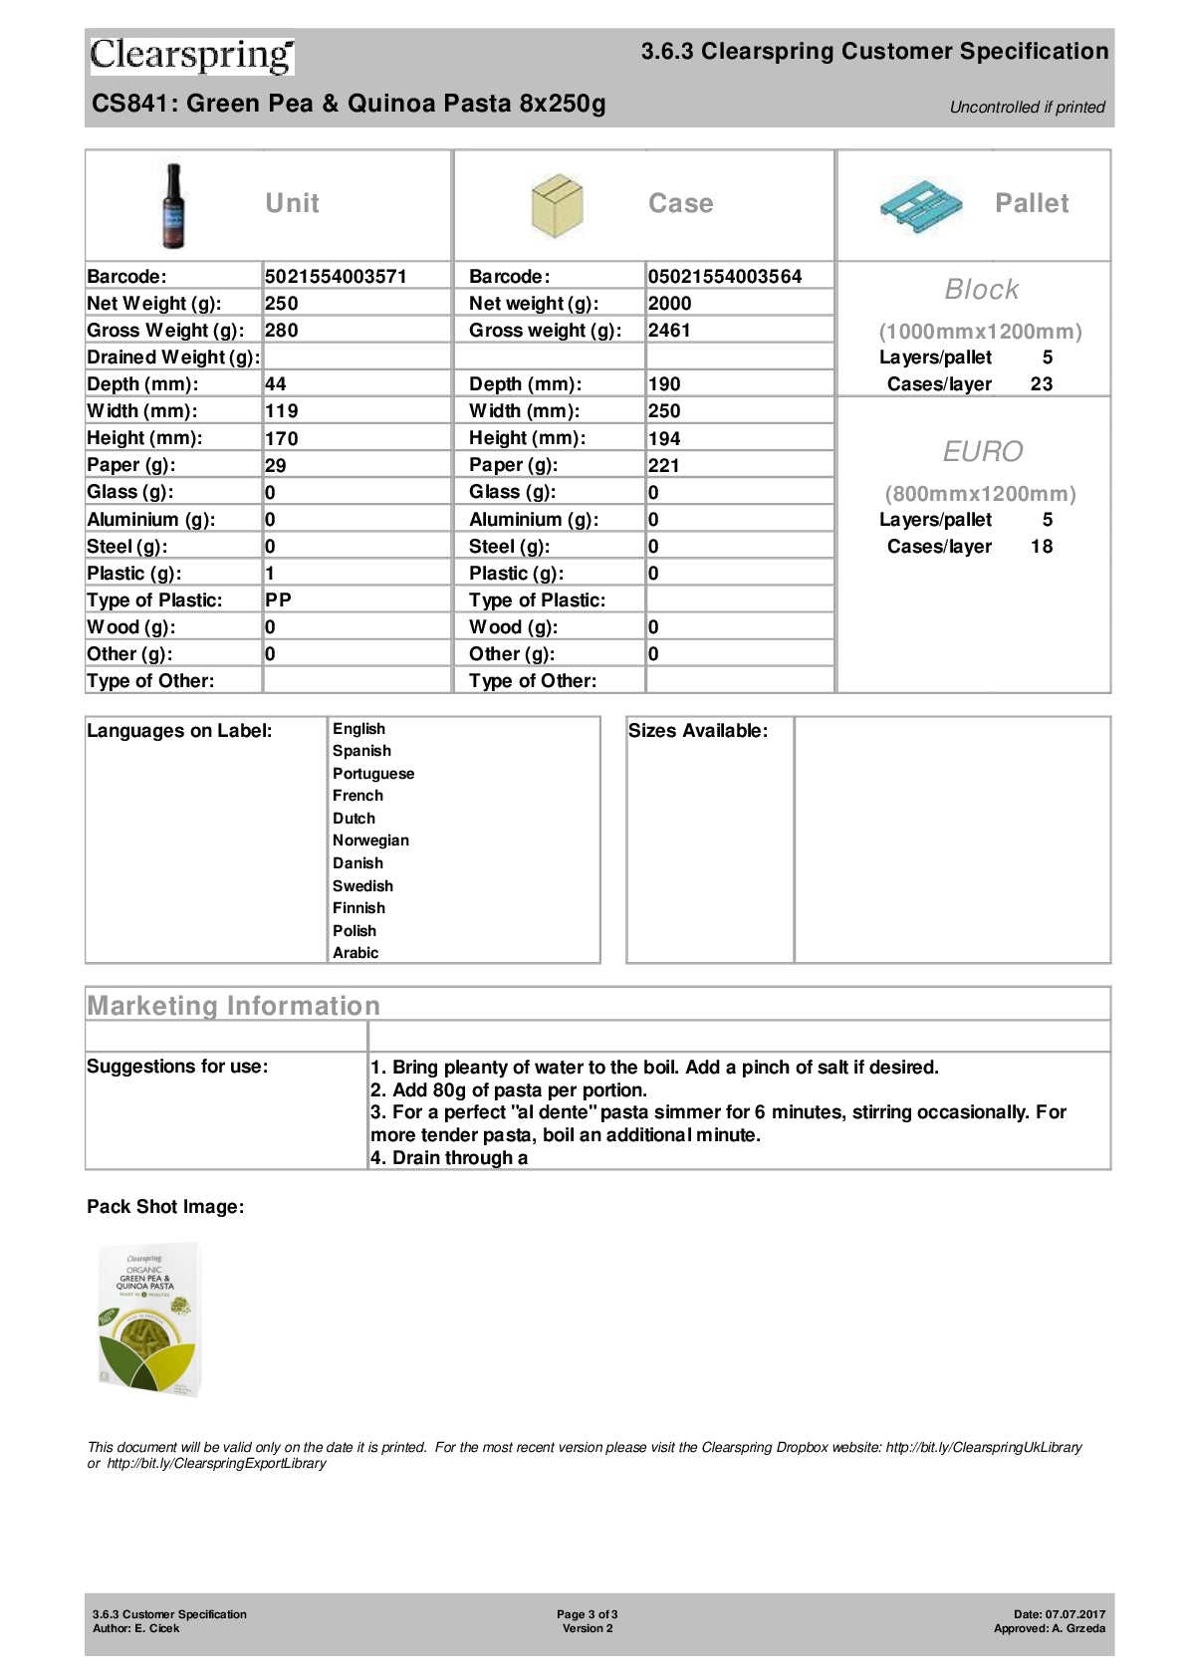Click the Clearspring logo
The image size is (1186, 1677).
(x=192, y=56)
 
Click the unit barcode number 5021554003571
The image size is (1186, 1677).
(x=336, y=276)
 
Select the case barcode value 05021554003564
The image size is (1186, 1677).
(x=724, y=276)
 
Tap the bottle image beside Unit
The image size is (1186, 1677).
(x=173, y=205)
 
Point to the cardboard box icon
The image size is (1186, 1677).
(x=557, y=205)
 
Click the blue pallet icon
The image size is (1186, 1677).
(x=921, y=206)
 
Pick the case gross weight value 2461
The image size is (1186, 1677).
(x=669, y=330)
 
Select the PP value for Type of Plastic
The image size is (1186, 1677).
(x=278, y=599)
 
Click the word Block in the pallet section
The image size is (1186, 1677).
(x=981, y=289)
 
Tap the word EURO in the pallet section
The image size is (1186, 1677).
(x=982, y=451)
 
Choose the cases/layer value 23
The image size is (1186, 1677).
(x=1042, y=383)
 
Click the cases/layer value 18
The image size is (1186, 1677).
(x=1042, y=546)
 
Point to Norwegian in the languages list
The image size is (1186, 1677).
(x=370, y=840)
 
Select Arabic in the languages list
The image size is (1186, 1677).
(x=356, y=953)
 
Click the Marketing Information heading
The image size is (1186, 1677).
(x=234, y=1006)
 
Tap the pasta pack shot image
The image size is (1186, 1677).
(x=149, y=1318)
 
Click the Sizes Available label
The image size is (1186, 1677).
(x=698, y=731)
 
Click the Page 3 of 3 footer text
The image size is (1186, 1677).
(x=588, y=1614)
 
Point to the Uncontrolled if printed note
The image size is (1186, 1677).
(x=1027, y=107)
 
